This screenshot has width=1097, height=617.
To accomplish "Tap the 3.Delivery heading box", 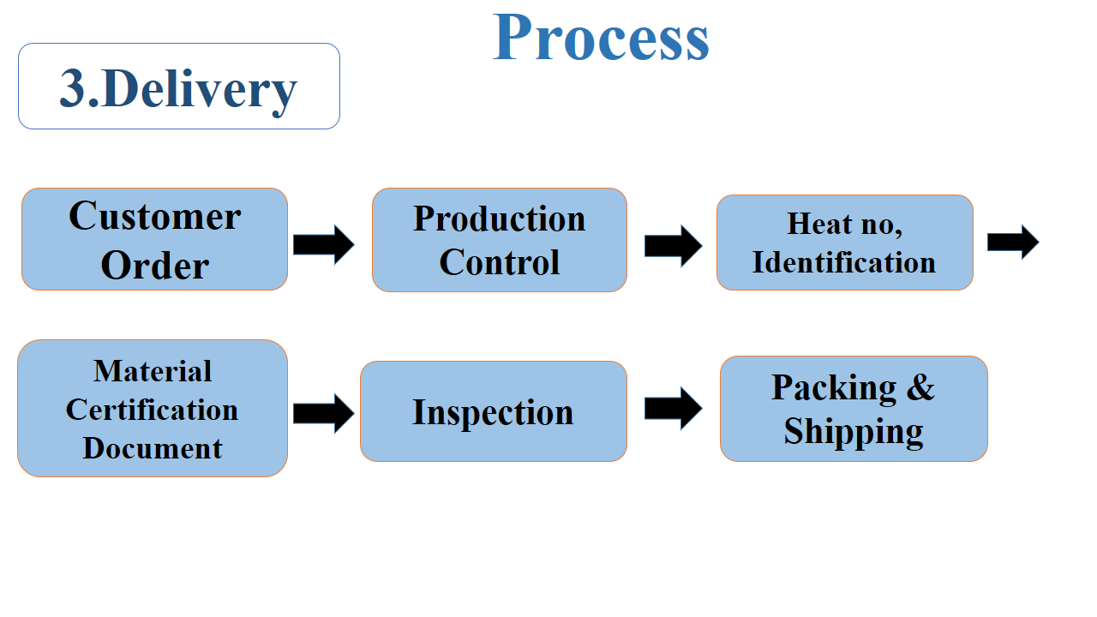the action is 179,87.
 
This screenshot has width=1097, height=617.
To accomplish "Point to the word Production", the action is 499,219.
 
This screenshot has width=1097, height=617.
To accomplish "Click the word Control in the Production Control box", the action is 499,262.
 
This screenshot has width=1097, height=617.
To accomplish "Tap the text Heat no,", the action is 844,224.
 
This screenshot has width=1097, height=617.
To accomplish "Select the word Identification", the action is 844,262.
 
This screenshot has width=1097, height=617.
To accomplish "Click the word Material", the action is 153,371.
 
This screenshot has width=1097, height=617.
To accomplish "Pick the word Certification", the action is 152,410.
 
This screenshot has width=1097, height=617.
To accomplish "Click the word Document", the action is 153,447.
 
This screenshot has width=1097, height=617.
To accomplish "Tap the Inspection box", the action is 493,411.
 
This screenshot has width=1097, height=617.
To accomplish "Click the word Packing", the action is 834,388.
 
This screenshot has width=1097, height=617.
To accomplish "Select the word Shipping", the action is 854,431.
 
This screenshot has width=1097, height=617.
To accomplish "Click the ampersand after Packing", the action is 920,386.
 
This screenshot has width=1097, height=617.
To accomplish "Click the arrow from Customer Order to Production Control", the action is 324,244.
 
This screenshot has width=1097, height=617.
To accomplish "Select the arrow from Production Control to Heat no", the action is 674,246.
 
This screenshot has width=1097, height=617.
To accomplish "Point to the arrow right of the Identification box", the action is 1013,242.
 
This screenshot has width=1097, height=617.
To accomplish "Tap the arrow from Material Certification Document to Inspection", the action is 324,413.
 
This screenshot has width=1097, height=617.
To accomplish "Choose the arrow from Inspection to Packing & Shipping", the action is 674,409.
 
